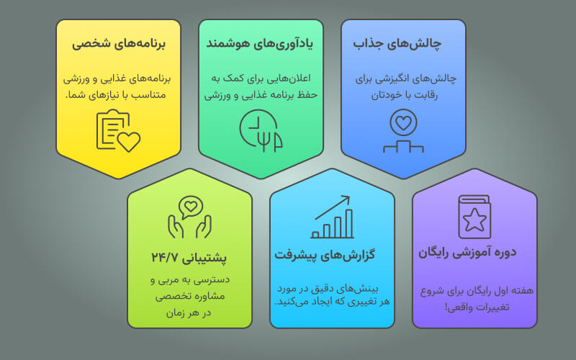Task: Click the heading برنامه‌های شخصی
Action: pyautogui.click(x=118, y=43)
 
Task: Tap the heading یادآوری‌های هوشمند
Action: pyautogui.click(x=259, y=43)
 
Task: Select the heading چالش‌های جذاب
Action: pyautogui.click(x=397, y=43)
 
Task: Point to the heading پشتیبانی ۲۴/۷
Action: pyautogui.click(x=189, y=257)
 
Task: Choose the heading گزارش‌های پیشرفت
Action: pyautogui.click(x=325, y=255)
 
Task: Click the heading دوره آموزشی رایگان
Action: pyautogui.click(x=467, y=253)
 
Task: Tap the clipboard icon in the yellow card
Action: pyautogui.click(x=113, y=130)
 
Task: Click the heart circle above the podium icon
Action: pyautogui.click(x=403, y=122)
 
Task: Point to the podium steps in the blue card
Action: pyautogui.click(x=403, y=146)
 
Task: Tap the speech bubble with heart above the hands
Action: pyautogui.click(x=191, y=207)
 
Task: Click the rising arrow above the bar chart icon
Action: pyautogui.click(x=333, y=207)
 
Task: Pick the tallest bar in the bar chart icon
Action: pyautogui.click(x=349, y=223)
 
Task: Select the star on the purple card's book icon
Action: pyautogui.click(x=474, y=220)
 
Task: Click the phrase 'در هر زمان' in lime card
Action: pyautogui.click(x=189, y=313)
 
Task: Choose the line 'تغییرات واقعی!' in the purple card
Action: pyautogui.click(x=477, y=307)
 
